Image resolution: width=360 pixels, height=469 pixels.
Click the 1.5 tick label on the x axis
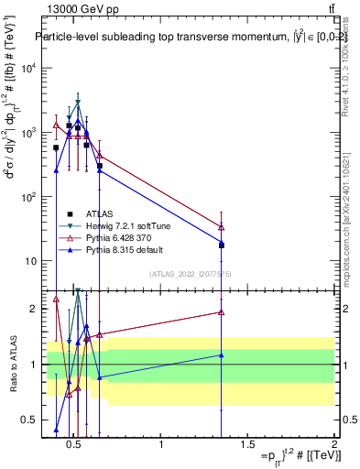[247, 445]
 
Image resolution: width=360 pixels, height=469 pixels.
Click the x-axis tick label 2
[333, 445]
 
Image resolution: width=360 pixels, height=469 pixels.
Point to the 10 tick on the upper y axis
[30, 261]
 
